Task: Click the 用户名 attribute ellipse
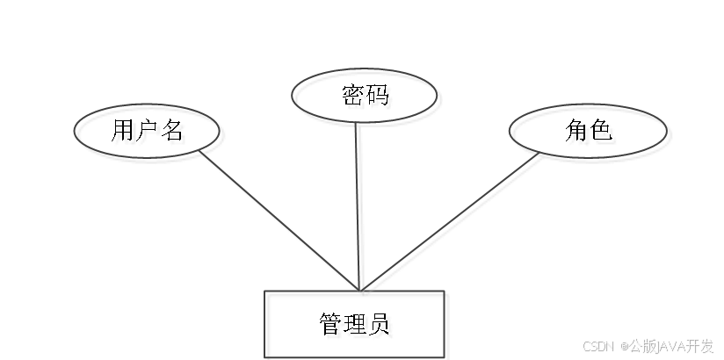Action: [149, 134]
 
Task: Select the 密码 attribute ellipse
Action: [365, 97]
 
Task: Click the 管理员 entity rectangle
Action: [356, 326]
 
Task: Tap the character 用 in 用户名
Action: [126, 134]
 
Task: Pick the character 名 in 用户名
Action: [174, 134]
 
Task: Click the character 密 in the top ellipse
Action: [353, 97]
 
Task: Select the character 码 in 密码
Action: [379, 97]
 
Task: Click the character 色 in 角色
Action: [605, 134]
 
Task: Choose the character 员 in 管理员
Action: [381, 327]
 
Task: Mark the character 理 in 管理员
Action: [357, 327]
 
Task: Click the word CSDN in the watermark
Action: [597, 345]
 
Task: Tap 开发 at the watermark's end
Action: [700, 345]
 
